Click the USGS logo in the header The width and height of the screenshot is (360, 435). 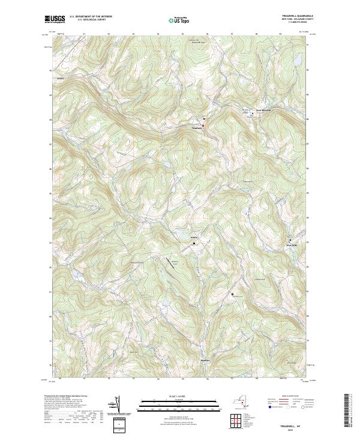pos(55,19)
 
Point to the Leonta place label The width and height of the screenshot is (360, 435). pos(59,79)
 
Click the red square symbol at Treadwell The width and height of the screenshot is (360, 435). pos(203,125)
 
